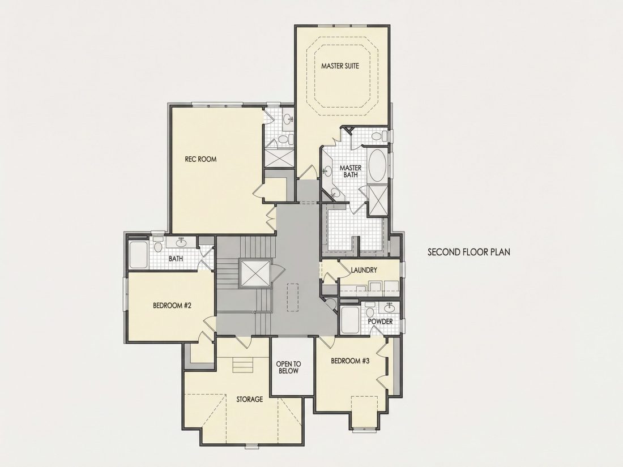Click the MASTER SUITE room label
tap(340, 66)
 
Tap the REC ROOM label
tap(200, 159)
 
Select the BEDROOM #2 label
tap(172, 306)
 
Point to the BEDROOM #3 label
tap(351, 361)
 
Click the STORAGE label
tap(250, 399)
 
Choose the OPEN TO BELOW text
tap(289, 367)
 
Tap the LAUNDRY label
tap(364, 270)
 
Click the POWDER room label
tap(380, 322)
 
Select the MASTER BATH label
tap(351, 171)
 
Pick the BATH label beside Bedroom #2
tap(176, 259)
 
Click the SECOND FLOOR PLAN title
tap(469, 252)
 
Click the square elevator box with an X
tap(255, 273)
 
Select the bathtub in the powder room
tap(350, 320)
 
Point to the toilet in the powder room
tap(370, 310)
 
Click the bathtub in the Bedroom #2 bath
tap(138, 254)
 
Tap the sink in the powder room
tap(389, 308)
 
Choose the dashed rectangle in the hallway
tap(292, 297)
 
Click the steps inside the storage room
tap(243, 364)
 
